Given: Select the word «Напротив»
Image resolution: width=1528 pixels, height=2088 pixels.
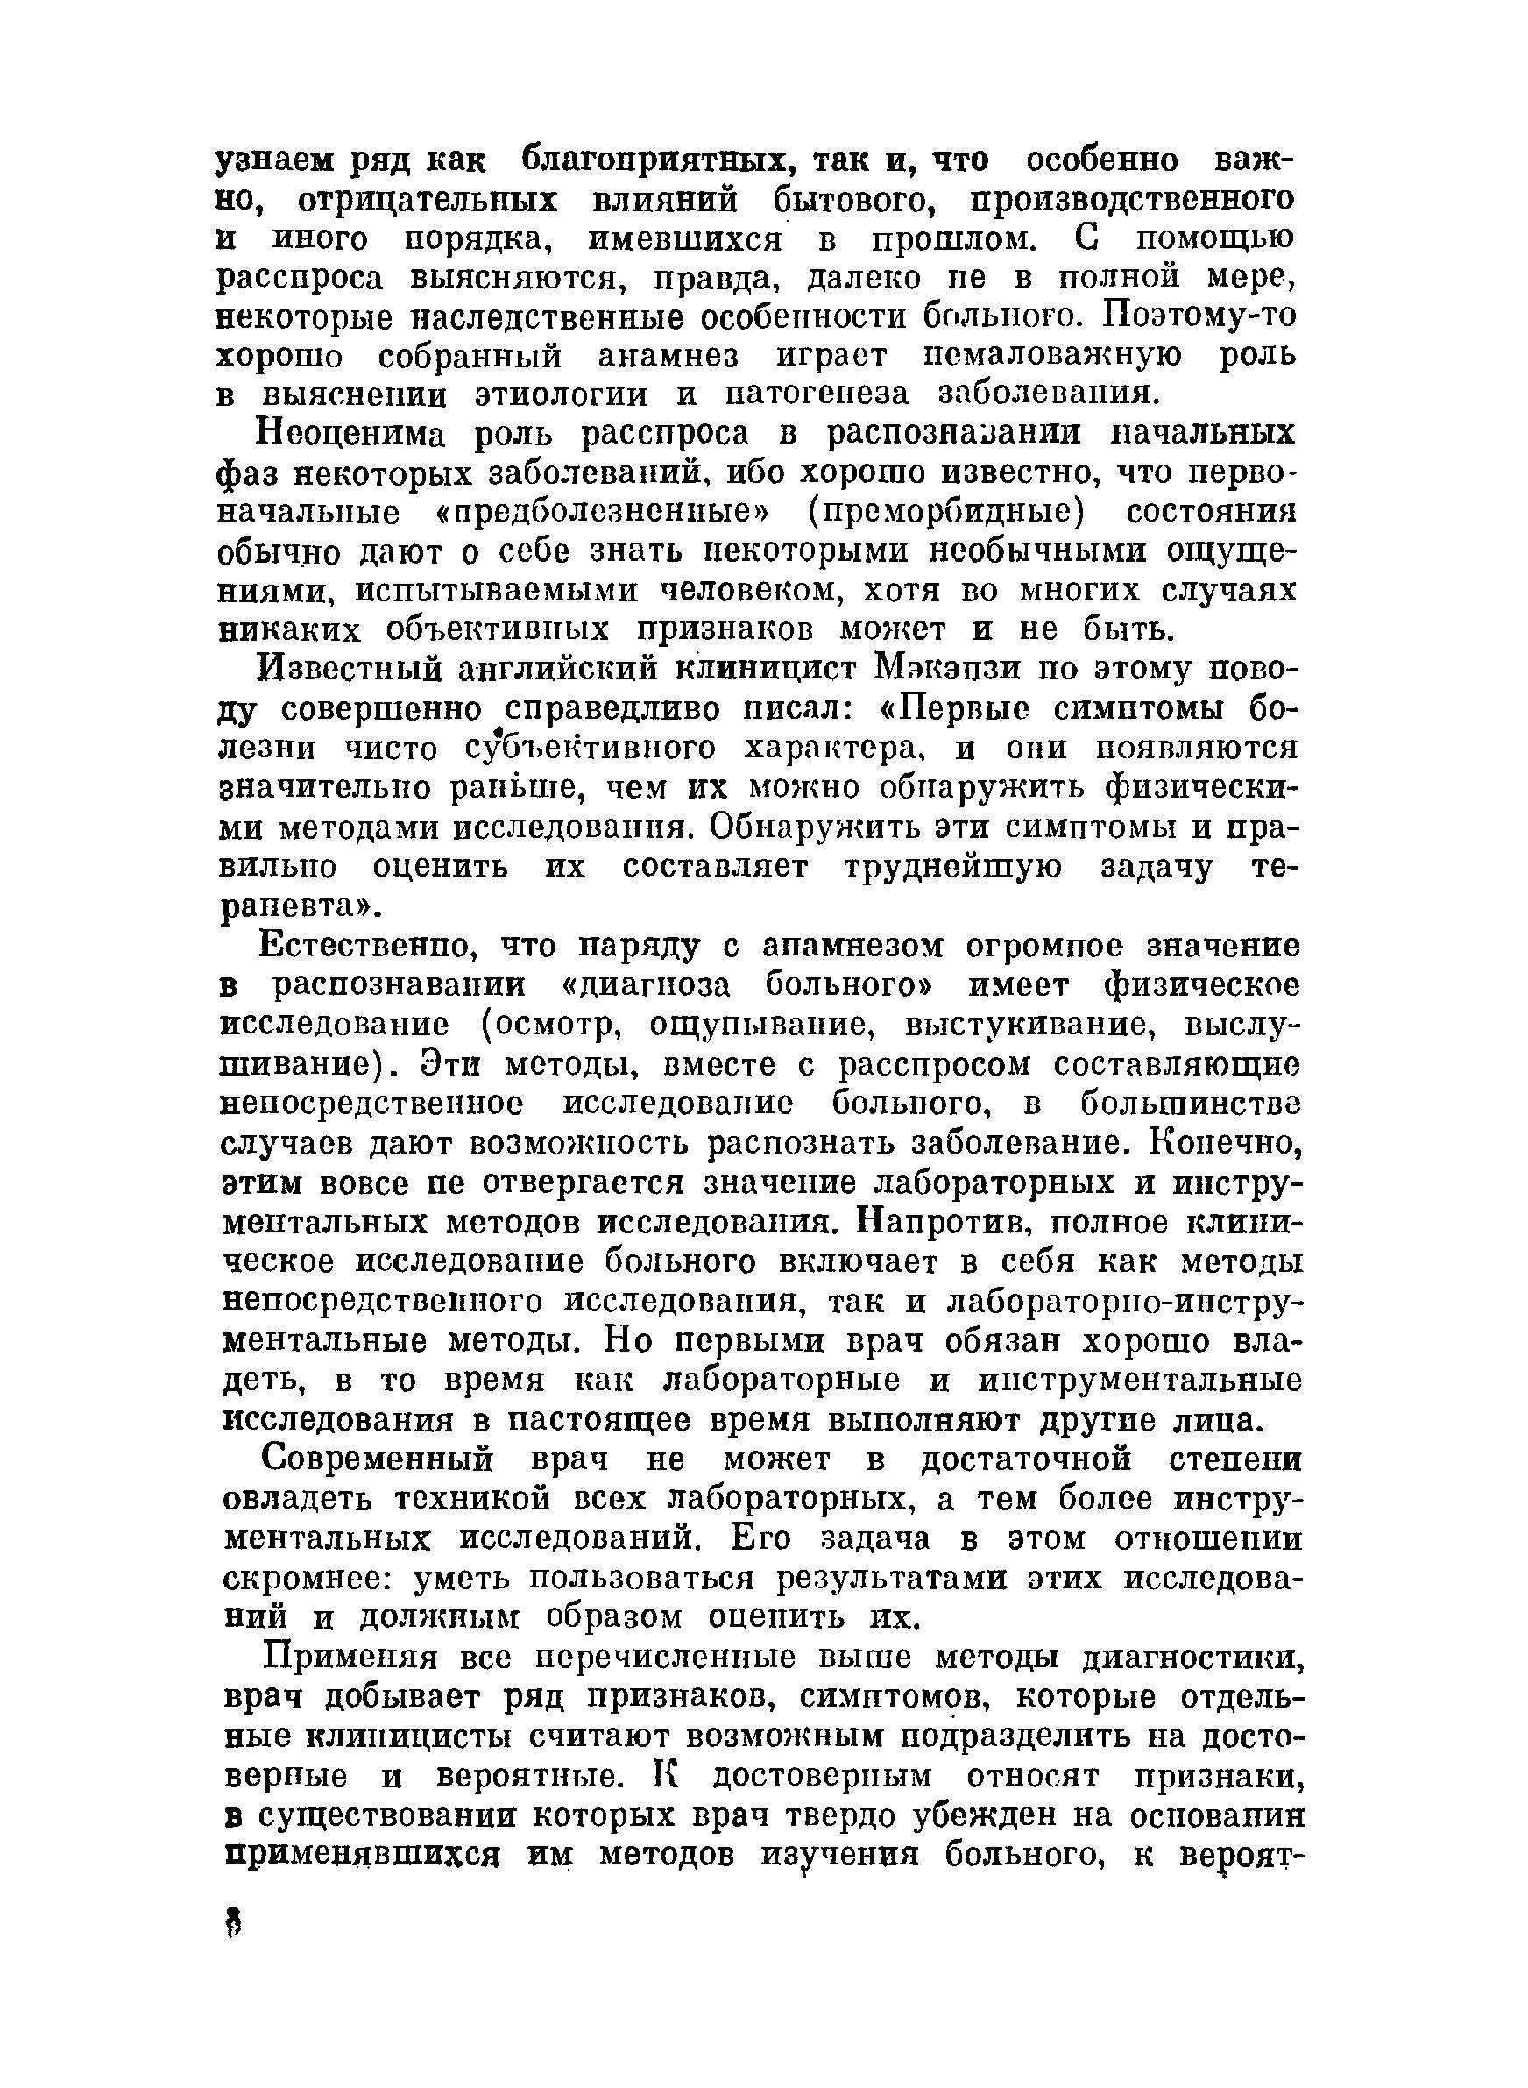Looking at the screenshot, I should point(937,1223).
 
